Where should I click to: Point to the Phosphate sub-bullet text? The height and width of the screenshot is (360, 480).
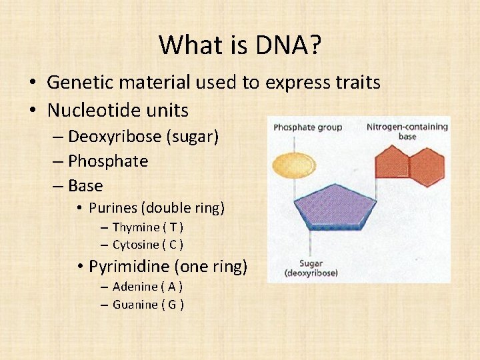[107, 161]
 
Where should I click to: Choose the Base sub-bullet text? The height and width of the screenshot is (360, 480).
[85, 186]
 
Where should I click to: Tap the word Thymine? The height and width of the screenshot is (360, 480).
[136, 227]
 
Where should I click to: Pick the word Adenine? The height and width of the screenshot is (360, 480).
[135, 287]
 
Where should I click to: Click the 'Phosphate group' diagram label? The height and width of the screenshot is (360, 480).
[307, 127]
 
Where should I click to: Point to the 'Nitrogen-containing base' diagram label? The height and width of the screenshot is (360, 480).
[406, 131]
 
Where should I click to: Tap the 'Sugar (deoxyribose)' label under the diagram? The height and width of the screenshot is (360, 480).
[311, 269]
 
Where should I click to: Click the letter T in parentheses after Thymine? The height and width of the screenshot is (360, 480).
[172, 227]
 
